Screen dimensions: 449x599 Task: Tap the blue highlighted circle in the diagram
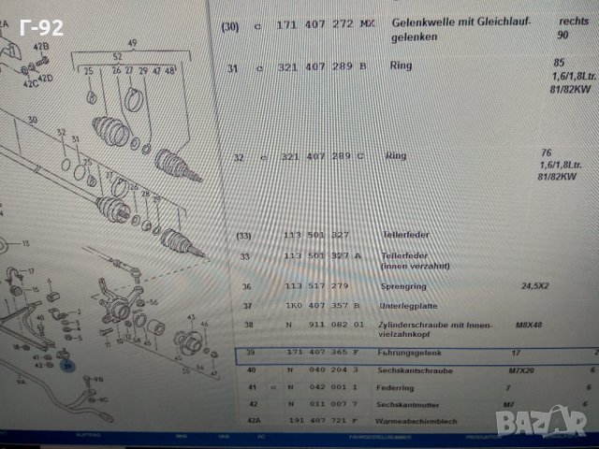pyautogui.click(x=67, y=367)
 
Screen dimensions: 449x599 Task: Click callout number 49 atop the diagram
pyautogui.click(x=133, y=43)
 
